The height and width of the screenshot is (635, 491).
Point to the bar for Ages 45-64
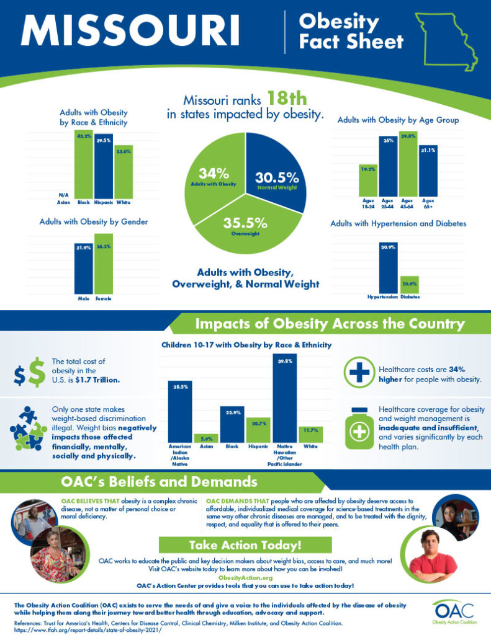click(x=408, y=164)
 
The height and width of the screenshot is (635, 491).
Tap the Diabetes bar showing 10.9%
click(x=409, y=285)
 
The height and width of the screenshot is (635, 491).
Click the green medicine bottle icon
click(x=358, y=427)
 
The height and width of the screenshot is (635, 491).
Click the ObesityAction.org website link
click(x=245, y=577)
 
